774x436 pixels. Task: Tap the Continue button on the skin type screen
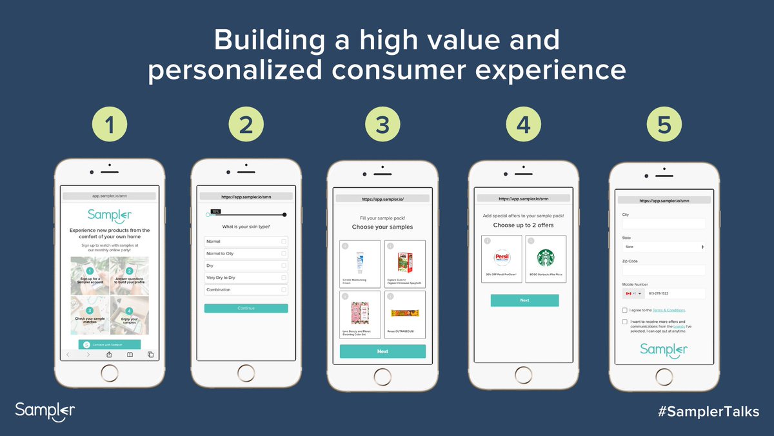[246, 308]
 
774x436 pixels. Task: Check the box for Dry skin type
[283, 265]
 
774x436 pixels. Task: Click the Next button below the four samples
[382, 351]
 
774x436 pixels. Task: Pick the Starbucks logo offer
[546, 258]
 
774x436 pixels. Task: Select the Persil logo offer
[502, 258]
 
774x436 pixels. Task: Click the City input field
[664, 223]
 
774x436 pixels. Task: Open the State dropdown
[664, 247]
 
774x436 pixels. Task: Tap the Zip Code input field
[664, 270]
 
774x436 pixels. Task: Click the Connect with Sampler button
[110, 345]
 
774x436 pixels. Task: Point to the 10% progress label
[216, 211]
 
